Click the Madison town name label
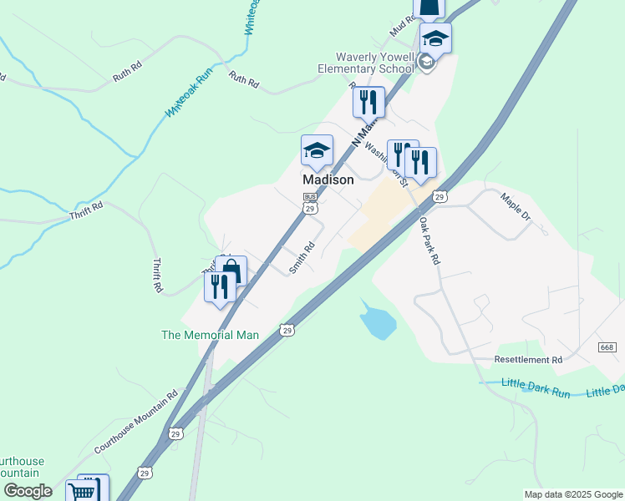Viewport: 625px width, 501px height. (x=328, y=180)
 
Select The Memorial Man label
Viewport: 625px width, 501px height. (x=210, y=335)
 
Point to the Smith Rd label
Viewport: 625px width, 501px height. (x=301, y=257)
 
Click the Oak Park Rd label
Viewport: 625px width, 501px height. (x=429, y=242)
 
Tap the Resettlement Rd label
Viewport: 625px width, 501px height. (x=528, y=360)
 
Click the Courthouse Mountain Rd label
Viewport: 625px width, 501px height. (x=136, y=422)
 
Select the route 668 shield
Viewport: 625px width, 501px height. (x=607, y=347)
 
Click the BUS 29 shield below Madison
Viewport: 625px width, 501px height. (x=310, y=202)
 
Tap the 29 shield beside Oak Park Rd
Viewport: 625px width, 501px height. (x=439, y=196)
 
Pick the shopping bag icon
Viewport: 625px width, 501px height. (x=231, y=271)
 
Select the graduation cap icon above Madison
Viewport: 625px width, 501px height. (x=317, y=151)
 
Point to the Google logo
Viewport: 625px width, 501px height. (x=27, y=491)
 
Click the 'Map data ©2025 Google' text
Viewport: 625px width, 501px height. (x=572, y=494)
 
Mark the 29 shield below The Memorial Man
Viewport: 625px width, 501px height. (x=287, y=331)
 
